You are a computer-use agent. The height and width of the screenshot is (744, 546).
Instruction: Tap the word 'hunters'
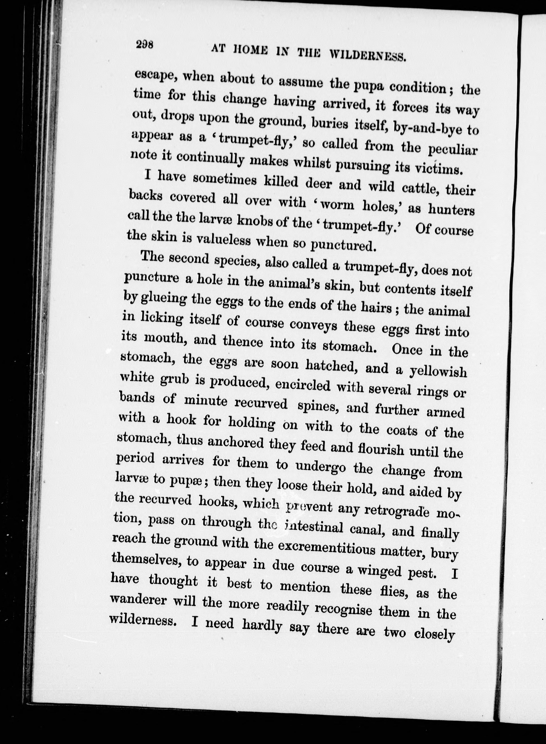click(x=451, y=210)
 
